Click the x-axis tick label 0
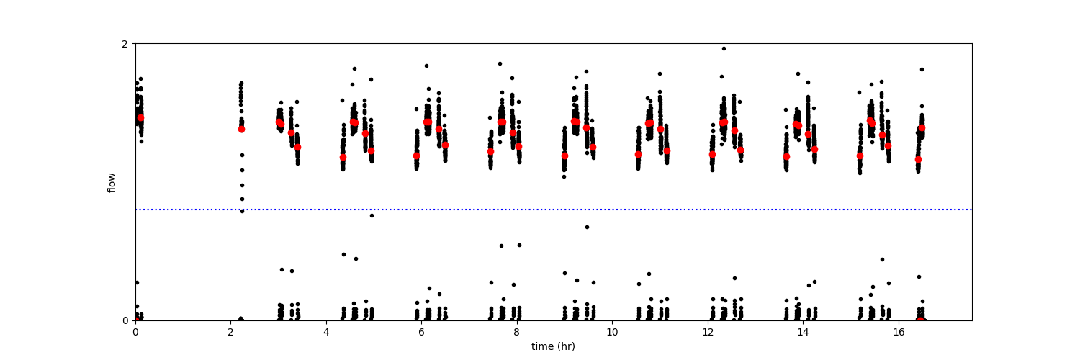(135, 332)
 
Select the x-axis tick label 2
(230, 332)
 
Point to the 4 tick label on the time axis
(326, 332)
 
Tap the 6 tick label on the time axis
(421, 332)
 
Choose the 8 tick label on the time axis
(517, 332)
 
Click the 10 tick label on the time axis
(612, 332)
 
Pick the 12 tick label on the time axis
(708, 332)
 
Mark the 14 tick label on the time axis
(803, 332)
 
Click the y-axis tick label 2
(125, 44)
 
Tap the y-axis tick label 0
(125, 320)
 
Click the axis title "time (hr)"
(553, 346)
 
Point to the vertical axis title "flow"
(112, 182)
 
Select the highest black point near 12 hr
(724, 48)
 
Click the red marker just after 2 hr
(242, 129)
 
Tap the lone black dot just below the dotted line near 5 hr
(372, 215)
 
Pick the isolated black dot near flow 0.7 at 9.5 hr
(587, 227)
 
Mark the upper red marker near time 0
(140, 117)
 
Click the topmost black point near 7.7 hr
(500, 63)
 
